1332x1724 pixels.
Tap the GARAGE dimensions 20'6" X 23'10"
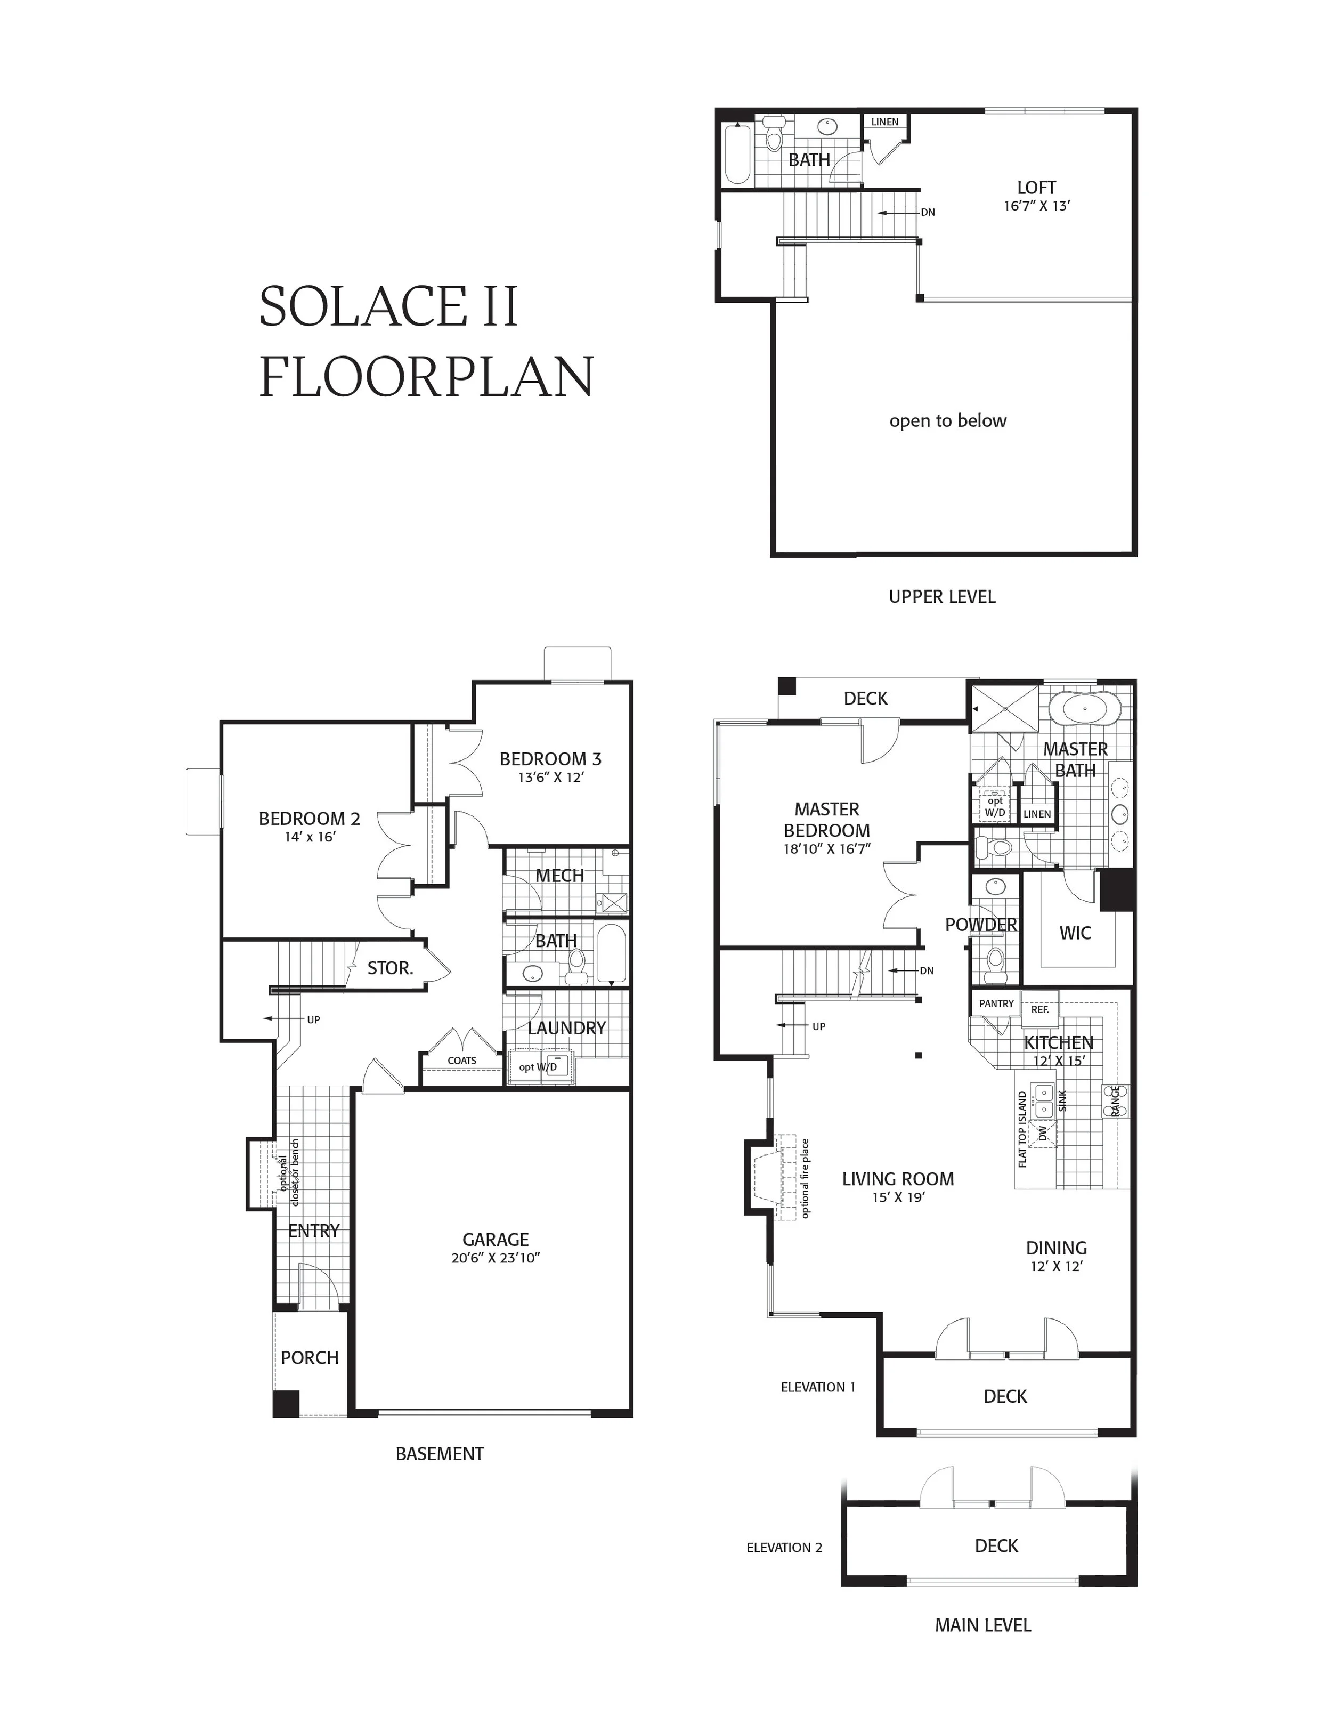(x=495, y=1258)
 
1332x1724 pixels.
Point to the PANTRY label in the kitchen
(x=996, y=1003)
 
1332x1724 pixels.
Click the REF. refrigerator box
(x=1039, y=1009)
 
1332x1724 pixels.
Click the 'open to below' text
(x=948, y=420)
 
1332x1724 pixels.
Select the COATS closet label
(x=461, y=1060)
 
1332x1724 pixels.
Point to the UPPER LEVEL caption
(x=941, y=597)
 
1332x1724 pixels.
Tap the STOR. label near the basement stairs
(x=390, y=968)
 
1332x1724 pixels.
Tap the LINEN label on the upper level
(x=884, y=123)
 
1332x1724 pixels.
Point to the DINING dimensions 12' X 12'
(x=1056, y=1266)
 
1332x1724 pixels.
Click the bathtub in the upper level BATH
(x=737, y=154)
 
